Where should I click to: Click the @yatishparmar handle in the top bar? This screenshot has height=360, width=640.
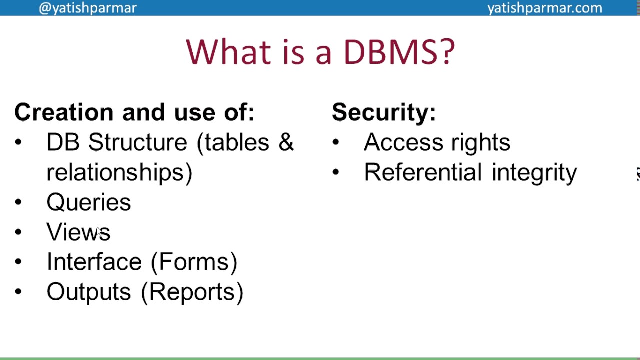click(87, 8)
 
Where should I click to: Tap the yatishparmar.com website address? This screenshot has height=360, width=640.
click(544, 8)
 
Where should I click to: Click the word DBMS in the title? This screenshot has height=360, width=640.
click(399, 51)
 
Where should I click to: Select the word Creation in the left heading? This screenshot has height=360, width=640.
click(64, 112)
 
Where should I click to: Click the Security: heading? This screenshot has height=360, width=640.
click(383, 112)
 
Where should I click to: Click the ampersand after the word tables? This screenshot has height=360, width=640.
click(286, 143)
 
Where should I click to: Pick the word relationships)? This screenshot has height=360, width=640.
click(119, 173)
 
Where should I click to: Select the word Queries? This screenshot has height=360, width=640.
click(89, 203)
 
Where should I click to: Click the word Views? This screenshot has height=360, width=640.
click(78, 232)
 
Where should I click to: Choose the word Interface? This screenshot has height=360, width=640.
click(94, 262)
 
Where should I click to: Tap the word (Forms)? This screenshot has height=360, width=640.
click(194, 262)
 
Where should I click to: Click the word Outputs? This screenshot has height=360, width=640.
click(89, 292)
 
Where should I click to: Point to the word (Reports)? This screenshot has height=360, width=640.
click(192, 292)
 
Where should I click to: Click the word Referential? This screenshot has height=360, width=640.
click(423, 173)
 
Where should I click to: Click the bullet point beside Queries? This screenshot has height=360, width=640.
click(18, 202)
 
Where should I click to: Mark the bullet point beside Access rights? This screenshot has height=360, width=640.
click(335, 142)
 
